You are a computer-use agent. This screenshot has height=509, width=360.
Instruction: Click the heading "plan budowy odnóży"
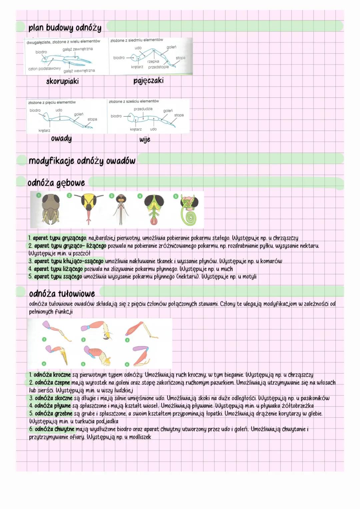65,27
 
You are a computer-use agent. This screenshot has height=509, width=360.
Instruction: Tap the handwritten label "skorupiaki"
62,81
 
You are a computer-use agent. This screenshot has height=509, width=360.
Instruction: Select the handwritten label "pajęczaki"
148,80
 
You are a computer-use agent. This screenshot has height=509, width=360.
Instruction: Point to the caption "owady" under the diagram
61,138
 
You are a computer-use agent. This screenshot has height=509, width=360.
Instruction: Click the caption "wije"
145,139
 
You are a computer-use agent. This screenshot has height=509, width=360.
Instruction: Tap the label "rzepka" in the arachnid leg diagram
153,61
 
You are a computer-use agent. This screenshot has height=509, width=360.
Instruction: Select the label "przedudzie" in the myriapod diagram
143,109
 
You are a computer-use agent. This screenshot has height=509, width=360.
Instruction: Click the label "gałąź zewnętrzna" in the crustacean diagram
78,49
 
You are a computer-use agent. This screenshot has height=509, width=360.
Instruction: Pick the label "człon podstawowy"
44,68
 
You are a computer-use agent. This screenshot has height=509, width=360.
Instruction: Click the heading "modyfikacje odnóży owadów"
82,161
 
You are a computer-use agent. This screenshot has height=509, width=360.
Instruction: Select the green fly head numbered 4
154,209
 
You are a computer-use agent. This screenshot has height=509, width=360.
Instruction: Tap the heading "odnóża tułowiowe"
62,294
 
